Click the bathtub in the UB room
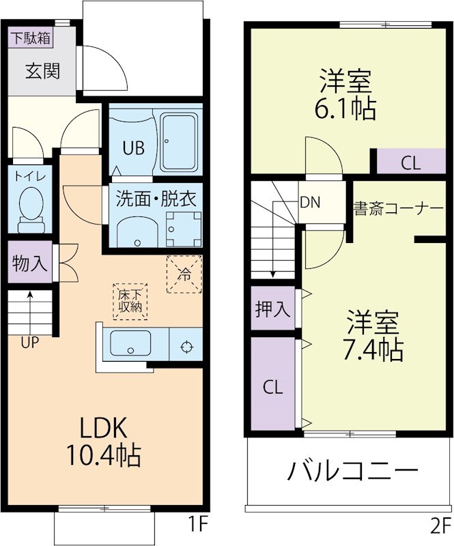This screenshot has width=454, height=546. tap(180, 143)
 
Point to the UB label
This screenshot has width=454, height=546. tap(133, 148)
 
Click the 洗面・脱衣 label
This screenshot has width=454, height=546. tap(156, 199)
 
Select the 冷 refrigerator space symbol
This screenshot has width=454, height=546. tap(184, 274)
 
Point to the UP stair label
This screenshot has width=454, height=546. tap(29, 343)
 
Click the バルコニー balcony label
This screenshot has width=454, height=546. tap(352, 472)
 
